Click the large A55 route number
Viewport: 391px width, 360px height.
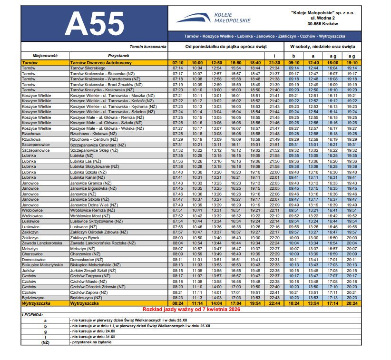click(94, 23)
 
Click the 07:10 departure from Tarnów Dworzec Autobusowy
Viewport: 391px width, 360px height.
click(178, 62)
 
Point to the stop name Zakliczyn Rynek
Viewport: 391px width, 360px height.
click(86, 237)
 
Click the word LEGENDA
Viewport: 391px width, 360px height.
click(33, 315)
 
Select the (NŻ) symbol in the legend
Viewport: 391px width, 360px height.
click(45, 342)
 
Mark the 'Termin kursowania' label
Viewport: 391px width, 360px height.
click(148, 47)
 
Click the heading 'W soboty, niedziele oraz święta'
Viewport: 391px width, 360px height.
click(323, 47)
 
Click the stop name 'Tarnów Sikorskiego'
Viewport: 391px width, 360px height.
click(88, 68)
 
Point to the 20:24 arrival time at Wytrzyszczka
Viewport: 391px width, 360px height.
click(352, 303)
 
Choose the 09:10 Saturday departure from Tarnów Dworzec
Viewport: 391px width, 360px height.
click(294, 62)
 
